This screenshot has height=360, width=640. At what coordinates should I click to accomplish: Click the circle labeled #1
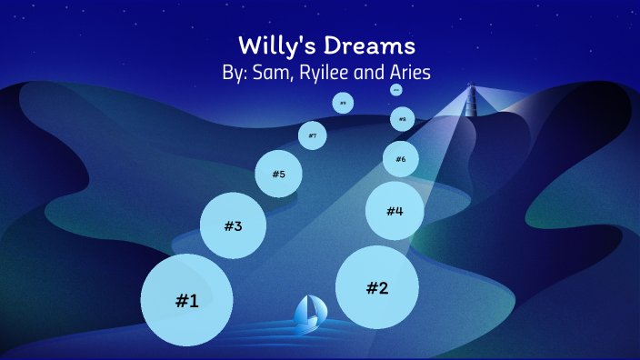click(x=186, y=300)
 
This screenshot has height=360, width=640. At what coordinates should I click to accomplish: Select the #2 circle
click(x=376, y=287)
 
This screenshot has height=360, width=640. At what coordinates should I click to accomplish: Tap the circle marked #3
click(x=233, y=225)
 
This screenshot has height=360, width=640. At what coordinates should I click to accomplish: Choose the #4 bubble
click(x=395, y=211)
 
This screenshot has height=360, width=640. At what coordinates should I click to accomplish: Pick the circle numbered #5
click(x=278, y=174)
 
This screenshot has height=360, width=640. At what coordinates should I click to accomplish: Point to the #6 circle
click(x=400, y=159)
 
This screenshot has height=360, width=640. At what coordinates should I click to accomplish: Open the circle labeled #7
click(x=312, y=136)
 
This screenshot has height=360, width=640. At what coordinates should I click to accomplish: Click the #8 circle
click(x=402, y=118)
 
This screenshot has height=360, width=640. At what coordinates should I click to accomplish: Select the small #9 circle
click(x=343, y=104)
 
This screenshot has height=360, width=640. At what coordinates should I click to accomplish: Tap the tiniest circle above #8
click(x=396, y=90)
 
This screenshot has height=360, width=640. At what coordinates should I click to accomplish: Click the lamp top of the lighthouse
click(x=471, y=88)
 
